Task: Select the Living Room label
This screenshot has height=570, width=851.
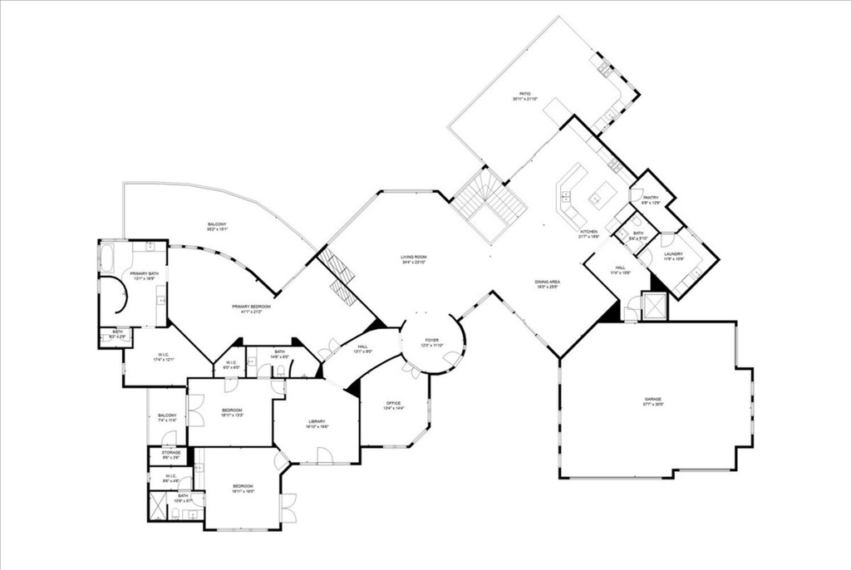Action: (x=413, y=259)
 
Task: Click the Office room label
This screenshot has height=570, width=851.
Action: (x=393, y=405)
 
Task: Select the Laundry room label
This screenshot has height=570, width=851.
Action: (x=673, y=256)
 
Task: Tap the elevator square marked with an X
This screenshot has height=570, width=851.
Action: (x=653, y=307)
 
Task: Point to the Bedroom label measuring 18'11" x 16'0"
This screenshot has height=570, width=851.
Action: (x=243, y=489)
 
